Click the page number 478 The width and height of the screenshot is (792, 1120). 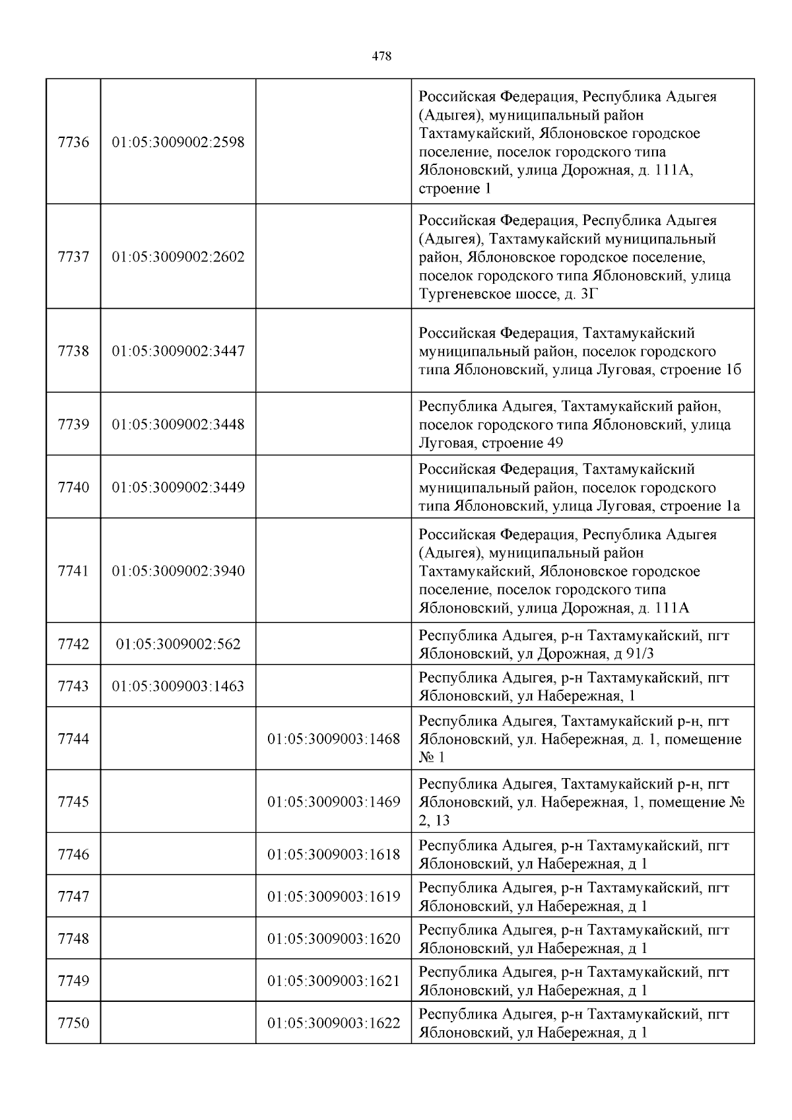coord(381,57)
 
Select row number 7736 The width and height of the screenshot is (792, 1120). coord(73,142)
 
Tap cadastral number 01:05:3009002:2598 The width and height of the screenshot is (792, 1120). coord(178,142)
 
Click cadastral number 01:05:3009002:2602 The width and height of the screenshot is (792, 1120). coord(178,257)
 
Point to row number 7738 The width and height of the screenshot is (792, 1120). coord(73,351)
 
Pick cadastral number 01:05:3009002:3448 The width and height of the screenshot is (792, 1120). coord(178,424)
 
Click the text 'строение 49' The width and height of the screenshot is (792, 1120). coord(522,443)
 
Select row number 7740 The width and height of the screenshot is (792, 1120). coord(73,488)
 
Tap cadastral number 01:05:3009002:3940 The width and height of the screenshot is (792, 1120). coord(178,571)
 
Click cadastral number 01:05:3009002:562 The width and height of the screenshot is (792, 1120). coord(178,644)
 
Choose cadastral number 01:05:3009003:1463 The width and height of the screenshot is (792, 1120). coord(178,686)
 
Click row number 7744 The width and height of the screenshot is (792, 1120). coord(73,739)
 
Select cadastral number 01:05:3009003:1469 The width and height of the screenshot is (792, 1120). coord(334,802)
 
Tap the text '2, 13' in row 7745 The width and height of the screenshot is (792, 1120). coord(433,820)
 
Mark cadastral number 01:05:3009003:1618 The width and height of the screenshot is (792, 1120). coord(334,855)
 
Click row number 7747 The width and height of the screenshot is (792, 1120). coord(73,897)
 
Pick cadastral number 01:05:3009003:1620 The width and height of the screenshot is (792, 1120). coord(334,939)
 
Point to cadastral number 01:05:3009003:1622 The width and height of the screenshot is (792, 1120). coord(334,1023)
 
